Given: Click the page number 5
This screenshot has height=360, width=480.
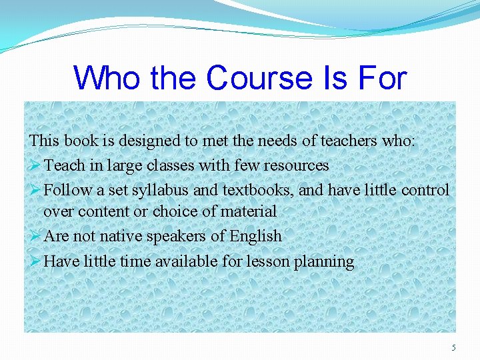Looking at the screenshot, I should pos(454,347).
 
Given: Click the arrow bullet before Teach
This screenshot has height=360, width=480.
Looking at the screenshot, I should pos(35,165).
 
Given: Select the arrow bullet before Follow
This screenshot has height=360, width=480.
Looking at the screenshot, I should pos(35,190).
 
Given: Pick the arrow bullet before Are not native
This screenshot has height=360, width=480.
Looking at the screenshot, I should pos(35,236).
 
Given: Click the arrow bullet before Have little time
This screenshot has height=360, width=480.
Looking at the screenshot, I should pos(35,261).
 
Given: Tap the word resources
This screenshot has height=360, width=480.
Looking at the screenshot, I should pos(296,165).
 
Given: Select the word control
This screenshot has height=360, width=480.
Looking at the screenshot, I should pos(425,191).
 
